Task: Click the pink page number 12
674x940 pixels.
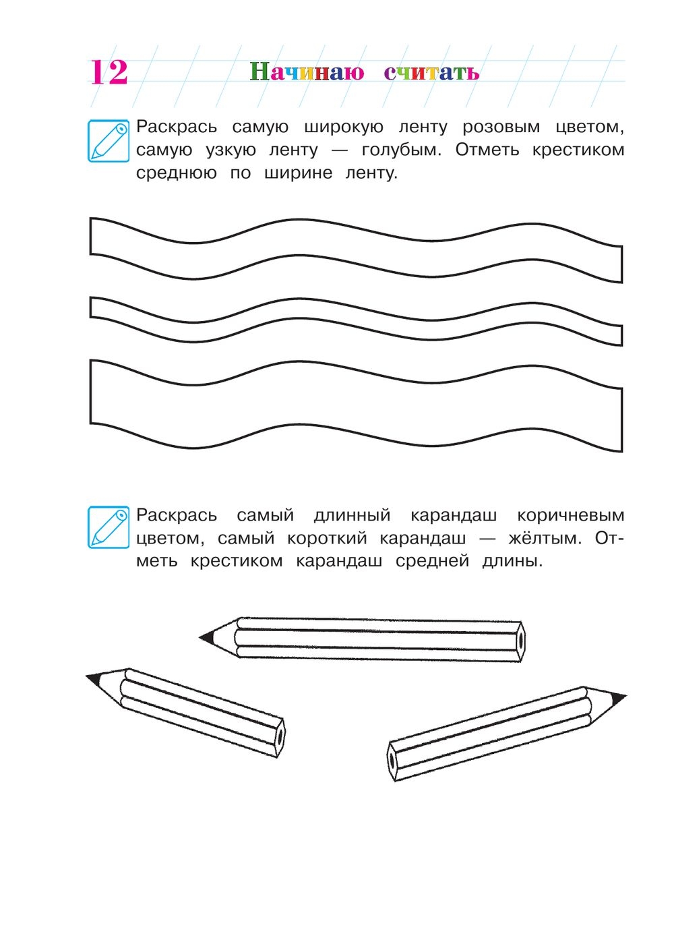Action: click(x=109, y=72)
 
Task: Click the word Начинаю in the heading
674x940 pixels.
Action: click(x=307, y=71)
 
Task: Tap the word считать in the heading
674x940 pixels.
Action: click(x=431, y=73)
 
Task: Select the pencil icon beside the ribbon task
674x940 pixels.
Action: click(x=109, y=141)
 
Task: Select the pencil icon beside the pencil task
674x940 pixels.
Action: click(x=109, y=527)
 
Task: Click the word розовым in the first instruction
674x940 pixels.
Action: click(x=501, y=127)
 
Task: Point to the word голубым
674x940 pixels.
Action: click(x=402, y=150)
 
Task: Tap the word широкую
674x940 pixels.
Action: click(x=344, y=127)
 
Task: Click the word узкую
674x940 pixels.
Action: click(x=231, y=150)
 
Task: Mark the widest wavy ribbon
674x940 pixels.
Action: click(x=356, y=406)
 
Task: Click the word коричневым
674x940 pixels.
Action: click(x=570, y=515)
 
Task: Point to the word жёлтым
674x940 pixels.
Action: click(x=545, y=537)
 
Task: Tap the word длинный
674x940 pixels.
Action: click(x=353, y=515)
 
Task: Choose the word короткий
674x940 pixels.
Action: click(x=327, y=538)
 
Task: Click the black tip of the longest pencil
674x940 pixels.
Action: click(x=206, y=637)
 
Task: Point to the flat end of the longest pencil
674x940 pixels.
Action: click(x=520, y=642)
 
